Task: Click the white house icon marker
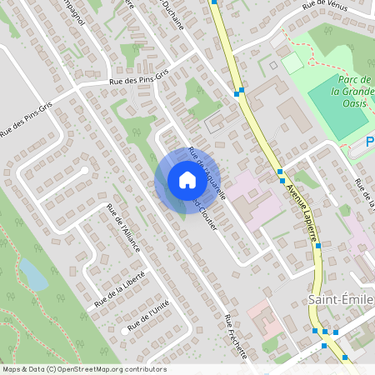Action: click(x=187, y=180)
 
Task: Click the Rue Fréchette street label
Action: click(x=237, y=337)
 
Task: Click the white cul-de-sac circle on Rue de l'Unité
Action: click(x=127, y=329)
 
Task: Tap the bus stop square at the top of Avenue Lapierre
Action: click(x=214, y=2)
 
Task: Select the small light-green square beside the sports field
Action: click(x=292, y=62)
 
